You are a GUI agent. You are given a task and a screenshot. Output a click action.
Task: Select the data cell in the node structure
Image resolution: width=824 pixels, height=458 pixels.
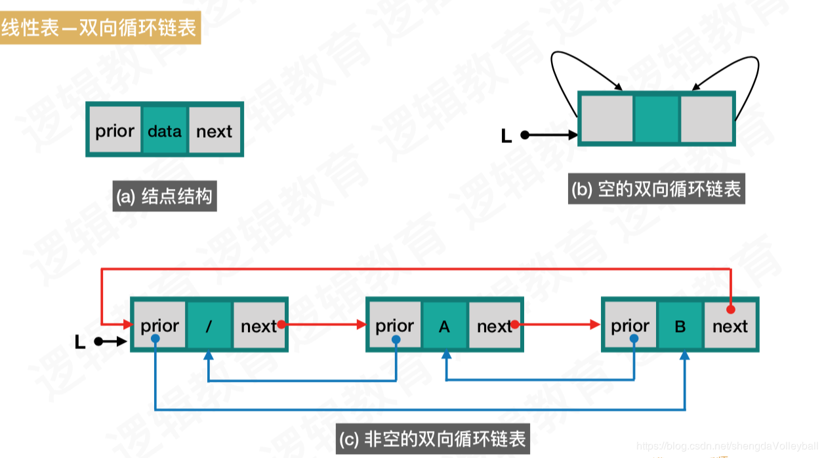pos(164,131)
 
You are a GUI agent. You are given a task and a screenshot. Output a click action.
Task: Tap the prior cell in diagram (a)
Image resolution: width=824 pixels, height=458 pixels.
pos(115,131)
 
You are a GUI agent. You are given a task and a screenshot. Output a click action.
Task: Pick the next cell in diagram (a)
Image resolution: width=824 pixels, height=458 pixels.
pos(215,131)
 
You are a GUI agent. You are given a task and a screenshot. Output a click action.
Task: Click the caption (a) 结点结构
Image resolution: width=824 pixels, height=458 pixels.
pos(165,196)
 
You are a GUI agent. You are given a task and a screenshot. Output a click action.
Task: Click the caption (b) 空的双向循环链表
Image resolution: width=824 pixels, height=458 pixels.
pos(657,190)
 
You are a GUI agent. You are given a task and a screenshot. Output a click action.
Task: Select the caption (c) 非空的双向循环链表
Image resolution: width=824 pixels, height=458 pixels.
pos(432,438)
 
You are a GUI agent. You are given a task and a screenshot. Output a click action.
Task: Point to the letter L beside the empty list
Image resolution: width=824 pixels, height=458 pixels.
pos(506,136)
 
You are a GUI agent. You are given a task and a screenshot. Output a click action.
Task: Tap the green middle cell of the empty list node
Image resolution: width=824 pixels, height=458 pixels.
pos(657,119)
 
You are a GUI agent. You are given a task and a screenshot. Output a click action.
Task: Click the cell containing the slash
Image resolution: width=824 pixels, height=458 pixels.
pos(209,325)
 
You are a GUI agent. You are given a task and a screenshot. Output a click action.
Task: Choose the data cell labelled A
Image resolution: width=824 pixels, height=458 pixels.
pos(444,325)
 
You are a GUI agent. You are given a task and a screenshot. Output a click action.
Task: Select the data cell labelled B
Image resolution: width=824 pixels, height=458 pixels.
pos(680,325)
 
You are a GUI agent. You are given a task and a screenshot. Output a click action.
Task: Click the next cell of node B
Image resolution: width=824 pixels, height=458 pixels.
pos(730,325)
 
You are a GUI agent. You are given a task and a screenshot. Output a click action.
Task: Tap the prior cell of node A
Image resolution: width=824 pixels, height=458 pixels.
pos(394,325)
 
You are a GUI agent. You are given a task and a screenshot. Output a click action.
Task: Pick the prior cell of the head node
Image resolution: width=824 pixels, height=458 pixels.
pos(159,325)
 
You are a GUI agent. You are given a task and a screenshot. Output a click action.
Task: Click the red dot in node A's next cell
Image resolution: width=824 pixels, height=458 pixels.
pos(516,323)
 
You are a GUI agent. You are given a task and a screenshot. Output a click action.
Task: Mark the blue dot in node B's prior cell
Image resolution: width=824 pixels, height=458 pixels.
pos(634,339)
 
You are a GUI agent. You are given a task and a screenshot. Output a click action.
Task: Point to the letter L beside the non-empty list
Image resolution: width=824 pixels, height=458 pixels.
pos(80,342)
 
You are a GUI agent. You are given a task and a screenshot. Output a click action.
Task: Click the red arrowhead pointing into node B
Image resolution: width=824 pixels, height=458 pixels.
pos(596,323)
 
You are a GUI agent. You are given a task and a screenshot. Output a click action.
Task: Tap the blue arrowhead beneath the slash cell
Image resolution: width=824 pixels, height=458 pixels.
pos(209,355)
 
